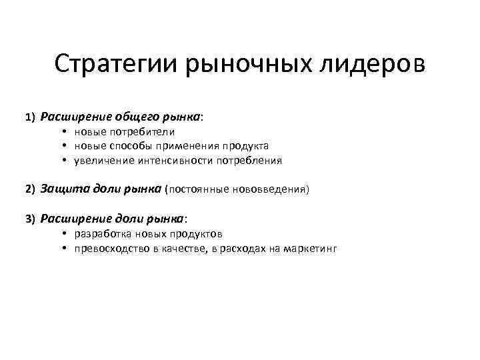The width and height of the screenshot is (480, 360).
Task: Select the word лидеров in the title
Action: coord(375,65)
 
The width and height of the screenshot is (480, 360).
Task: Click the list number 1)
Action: coord(31,117)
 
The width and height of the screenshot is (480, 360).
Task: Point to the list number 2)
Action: coord(31,189)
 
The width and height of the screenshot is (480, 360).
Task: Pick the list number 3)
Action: coord(31,219)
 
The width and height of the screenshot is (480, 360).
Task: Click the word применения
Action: coord(187,145)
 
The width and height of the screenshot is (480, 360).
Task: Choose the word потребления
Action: coord(251,160)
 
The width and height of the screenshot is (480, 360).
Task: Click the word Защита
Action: coord(60,189)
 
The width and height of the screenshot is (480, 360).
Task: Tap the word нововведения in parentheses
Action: coord(270,189)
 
